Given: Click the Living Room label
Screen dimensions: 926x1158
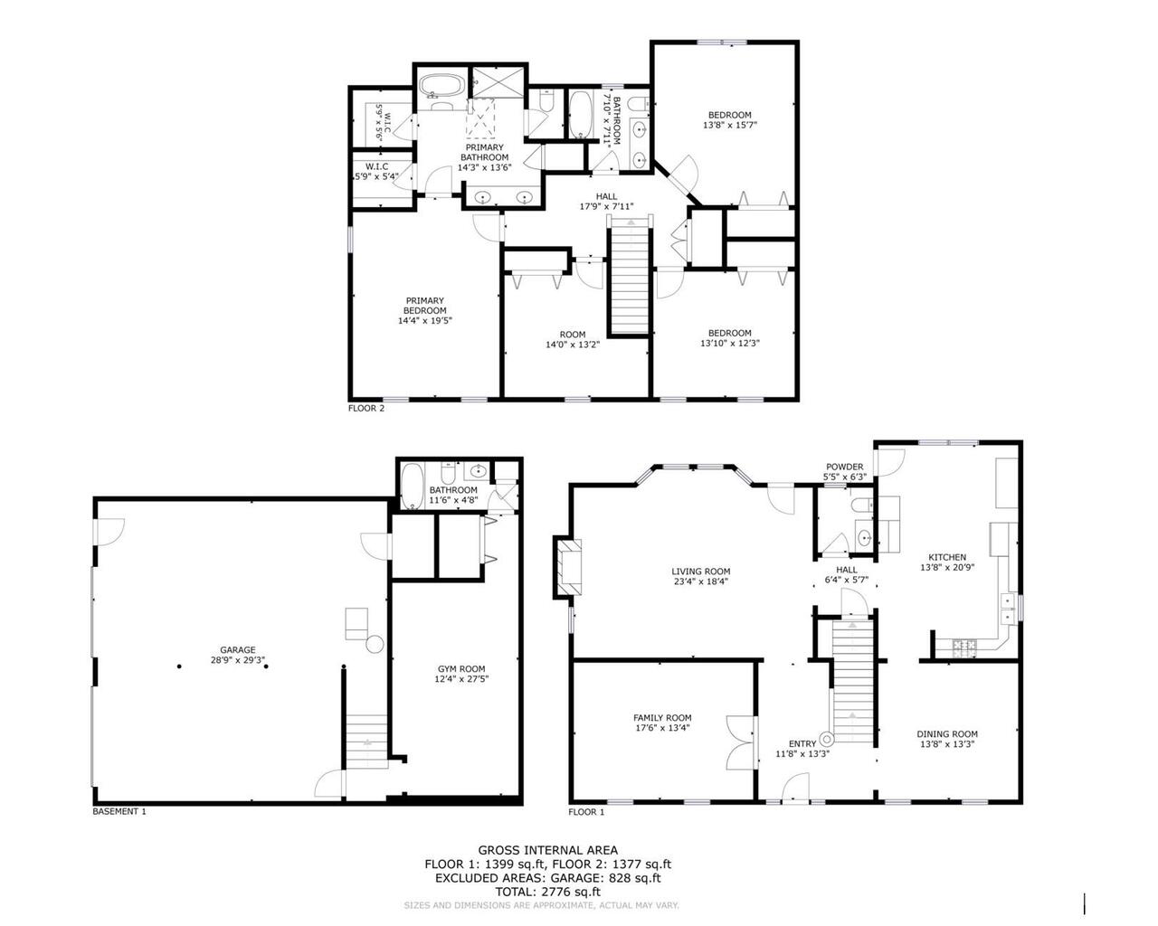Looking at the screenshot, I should point(700,571).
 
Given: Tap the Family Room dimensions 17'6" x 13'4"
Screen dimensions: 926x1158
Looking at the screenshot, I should point(661,727).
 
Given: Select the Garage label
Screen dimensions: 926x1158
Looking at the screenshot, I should point(238,649).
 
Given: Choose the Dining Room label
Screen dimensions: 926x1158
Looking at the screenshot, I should point(947,734).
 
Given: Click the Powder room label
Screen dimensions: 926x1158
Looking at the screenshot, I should point(844,467).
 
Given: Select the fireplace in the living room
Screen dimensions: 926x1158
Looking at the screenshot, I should point(568,567).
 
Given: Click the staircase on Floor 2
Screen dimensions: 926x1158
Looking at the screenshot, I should point(629,280).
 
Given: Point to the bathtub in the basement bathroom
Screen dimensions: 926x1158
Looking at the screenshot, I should point(412,487).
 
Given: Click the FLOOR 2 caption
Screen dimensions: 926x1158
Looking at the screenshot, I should point(366,408).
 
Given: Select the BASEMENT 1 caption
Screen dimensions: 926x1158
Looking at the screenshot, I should point(119,811).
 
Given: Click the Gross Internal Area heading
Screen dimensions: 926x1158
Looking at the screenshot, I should point(547,849).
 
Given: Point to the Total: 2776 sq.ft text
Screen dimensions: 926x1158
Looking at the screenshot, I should point(547,891).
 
